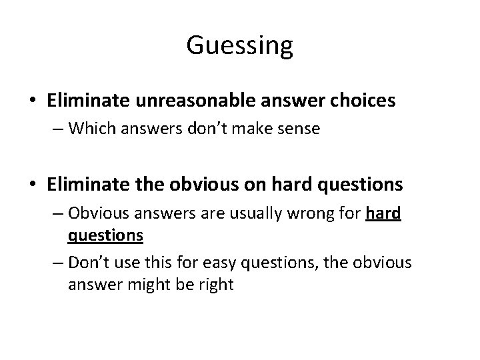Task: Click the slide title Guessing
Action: pos(239,46)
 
